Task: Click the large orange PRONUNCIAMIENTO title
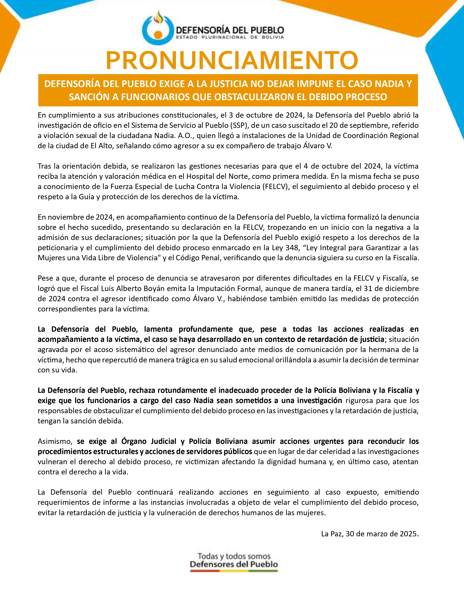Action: [x=232, y=60]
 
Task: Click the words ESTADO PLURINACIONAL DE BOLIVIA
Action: [x=230, y=37]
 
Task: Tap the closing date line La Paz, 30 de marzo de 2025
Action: [x=370, y=534]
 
